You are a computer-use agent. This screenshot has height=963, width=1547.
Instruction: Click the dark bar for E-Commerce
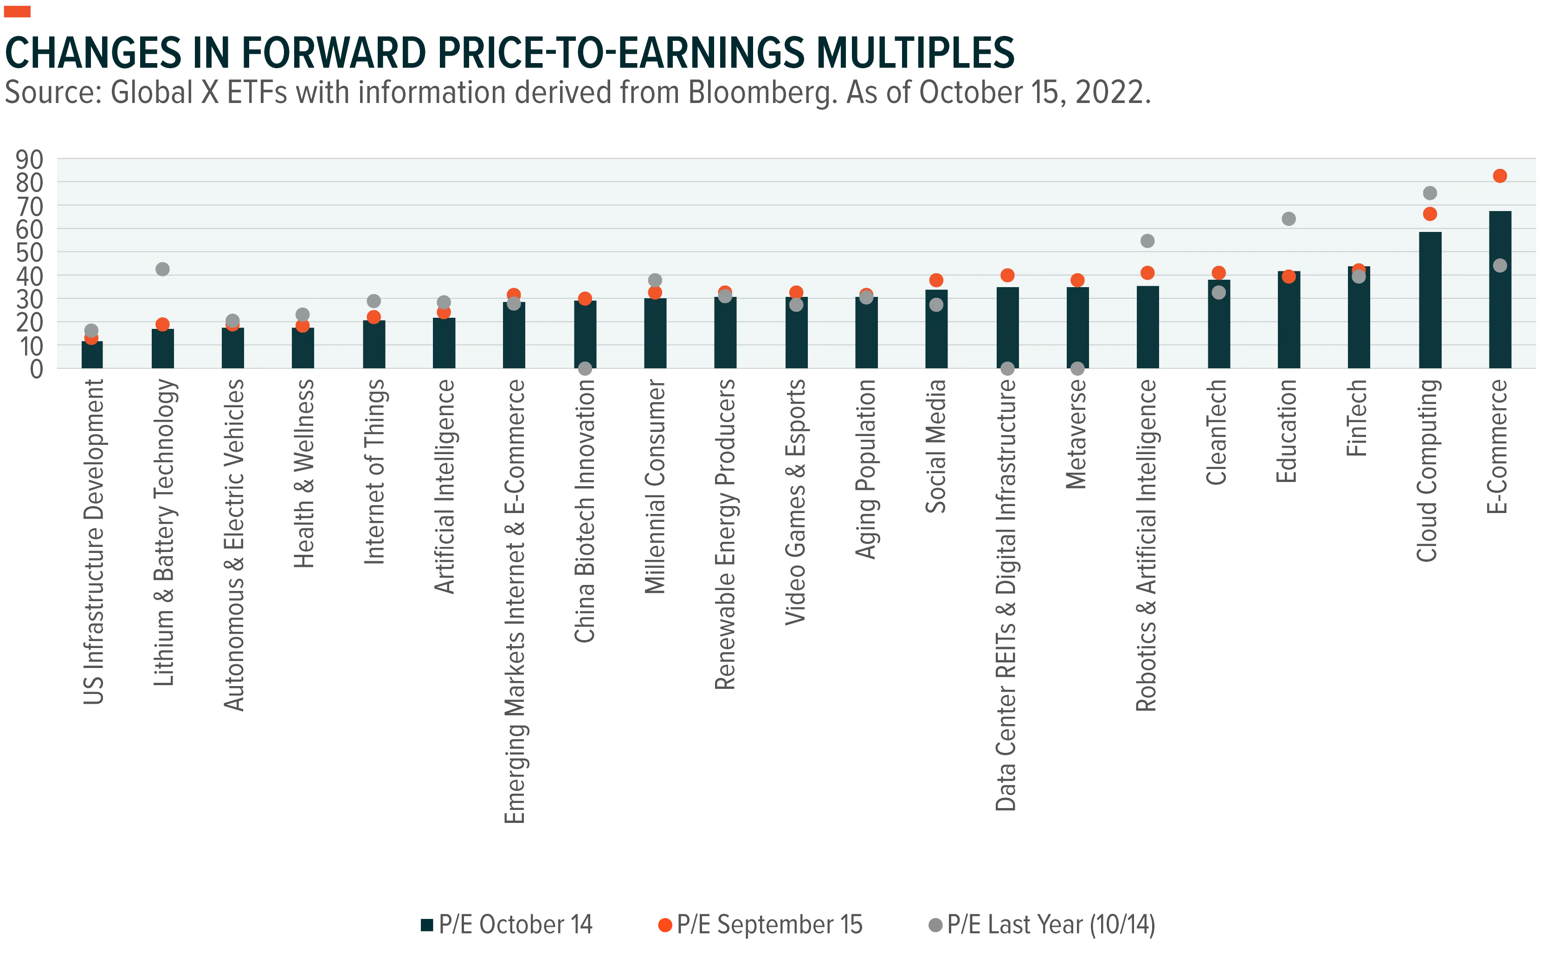tap(1499, 290)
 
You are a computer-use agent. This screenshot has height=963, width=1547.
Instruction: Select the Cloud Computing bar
tap(1429, 300)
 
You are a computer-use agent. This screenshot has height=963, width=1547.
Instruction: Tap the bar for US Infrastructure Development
tap(92, 355)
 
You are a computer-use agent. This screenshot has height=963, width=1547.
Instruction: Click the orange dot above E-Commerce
tap(1499, 176)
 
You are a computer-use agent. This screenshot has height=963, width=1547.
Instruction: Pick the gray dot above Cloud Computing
tap(1429, 193)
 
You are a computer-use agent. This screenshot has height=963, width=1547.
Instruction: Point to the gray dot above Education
tap(1289, 219)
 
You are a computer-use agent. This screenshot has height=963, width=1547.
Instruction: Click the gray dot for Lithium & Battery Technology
tap(162, 270)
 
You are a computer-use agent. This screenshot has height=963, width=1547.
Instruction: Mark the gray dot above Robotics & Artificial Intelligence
tap(1147, 241)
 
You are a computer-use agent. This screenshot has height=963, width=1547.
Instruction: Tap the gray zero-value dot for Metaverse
tap(1077, 368)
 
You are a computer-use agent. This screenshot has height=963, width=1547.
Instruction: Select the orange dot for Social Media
tap(936, 280)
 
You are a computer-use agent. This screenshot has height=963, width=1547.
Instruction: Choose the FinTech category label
tap(1357, 418)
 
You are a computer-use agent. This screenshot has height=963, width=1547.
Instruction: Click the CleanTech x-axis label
tap(1217, 432)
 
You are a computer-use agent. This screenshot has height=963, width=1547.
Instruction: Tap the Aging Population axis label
tap(865, 469)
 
